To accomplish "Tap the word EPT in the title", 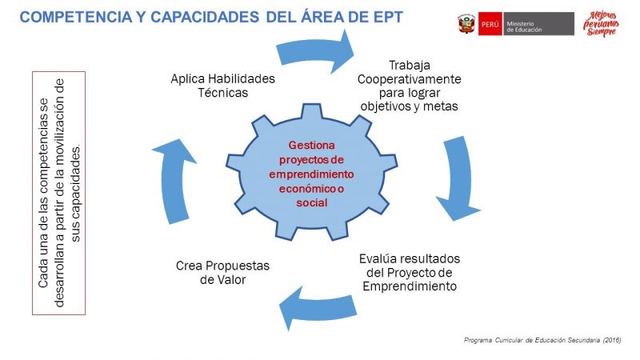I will coord(383,17).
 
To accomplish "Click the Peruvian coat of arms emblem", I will coord(466,24).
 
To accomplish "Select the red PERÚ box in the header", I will coord(490,24).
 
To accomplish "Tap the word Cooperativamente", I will coord(409,79).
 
